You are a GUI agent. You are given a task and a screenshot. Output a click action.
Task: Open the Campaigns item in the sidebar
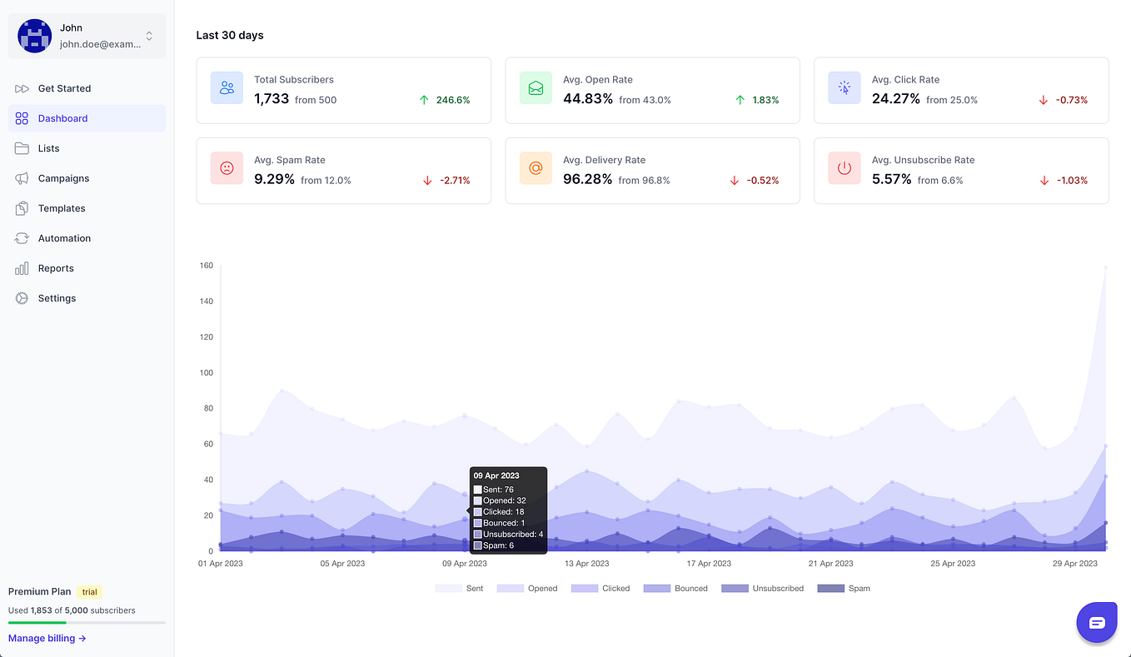pyautogui.click(x=63, y=178)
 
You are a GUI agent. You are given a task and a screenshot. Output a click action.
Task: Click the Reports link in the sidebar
pyautogui.click(x=56, y=268)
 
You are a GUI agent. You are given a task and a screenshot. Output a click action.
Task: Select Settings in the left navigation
pyautogui.click(x=57, y=298)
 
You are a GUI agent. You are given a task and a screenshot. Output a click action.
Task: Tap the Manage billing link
pyautogui.click(x=47, y=639)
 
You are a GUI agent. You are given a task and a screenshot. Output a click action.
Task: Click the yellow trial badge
pyautogui.click(x=90, y=592)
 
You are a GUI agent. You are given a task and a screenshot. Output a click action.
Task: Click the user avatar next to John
pyautogui.click(x=34, y=36)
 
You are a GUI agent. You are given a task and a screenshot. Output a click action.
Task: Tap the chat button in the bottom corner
pyautogui.click(x=1096, y=622)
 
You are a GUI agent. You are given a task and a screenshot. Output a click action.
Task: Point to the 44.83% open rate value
pyautogui.click(x=588, y=99)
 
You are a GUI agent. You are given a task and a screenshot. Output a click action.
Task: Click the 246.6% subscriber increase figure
pyautogui.click(x=453, y=100)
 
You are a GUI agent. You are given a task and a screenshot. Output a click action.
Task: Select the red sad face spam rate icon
pyautogui.click(x=227, y=168)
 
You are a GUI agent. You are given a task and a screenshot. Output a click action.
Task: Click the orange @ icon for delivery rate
pyautogui.click(x=536, y=168)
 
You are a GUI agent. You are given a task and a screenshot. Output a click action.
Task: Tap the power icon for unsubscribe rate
pyautogui.click(x=845, y=168)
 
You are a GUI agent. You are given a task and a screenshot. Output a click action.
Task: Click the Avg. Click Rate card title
pyautogui.click(x=905, y=80)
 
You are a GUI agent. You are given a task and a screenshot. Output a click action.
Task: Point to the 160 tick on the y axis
pyautogui.click(x=206, y=266)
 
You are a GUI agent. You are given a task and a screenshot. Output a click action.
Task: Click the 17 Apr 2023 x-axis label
pyautogui.click(x=709, y=564)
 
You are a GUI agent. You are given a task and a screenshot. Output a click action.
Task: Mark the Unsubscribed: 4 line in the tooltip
pyautogui.click(x=512, y=535)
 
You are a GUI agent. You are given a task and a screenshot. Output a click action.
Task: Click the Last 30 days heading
pyautogui.click(x=230, y=35)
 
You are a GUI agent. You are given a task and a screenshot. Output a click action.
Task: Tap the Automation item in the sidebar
pyautogui.click(x=64, y=238)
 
